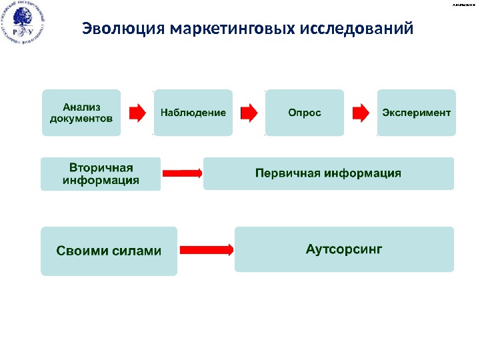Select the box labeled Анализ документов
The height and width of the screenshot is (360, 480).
tap(81, 113)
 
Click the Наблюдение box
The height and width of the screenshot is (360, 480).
tap(193, 113)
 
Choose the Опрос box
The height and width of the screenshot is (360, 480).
tap(305, 113)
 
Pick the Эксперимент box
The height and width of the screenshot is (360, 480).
tap(417, 113)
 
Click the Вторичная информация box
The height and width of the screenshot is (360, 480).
tap(101, 173)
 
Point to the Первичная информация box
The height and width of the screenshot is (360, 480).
tap(328, 173)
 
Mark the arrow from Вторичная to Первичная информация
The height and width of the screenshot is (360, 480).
tap(182, 173)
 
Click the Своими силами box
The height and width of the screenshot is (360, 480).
tap(109, 251)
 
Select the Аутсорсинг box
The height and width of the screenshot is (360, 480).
tap(344, 249)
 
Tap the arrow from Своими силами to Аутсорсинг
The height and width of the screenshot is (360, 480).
tap(206, 250)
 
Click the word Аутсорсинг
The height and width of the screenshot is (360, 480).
tap(344, 249)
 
